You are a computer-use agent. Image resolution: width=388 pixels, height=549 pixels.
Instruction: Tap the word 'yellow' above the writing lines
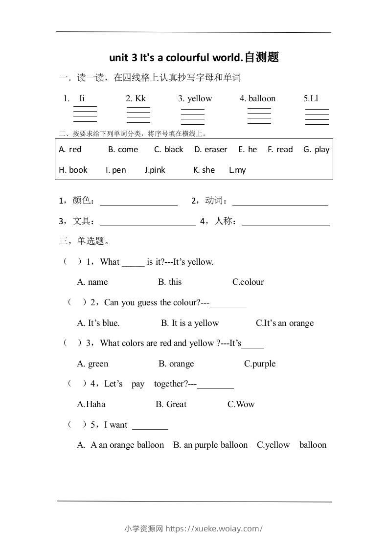tap(200, 98)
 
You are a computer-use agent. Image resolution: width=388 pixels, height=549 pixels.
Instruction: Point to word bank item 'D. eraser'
tap(210, 150)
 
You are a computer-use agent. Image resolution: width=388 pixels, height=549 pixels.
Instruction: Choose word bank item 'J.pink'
tap(155, 170)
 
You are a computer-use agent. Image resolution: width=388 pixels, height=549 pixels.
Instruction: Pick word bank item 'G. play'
tap(316, 150)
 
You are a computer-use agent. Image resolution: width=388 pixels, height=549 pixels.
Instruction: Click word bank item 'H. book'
tap(73, 170)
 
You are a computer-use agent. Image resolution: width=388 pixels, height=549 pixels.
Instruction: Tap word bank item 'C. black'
tap(168, 150)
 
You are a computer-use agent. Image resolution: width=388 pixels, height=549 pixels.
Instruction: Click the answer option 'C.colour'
tap(248, 282)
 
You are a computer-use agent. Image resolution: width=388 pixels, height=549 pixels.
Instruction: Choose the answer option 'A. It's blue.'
tap(98, 323)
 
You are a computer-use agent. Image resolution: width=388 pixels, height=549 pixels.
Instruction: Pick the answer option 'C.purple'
tap(260, 364)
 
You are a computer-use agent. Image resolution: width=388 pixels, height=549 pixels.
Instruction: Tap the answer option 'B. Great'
tap(171, 405)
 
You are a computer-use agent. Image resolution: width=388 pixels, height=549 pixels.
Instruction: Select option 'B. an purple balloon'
tap(210, 445)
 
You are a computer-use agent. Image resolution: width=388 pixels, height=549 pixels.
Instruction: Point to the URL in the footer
tap(214, 528)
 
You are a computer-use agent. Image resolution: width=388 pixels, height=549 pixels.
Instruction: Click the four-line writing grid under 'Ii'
tap(85, 114)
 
